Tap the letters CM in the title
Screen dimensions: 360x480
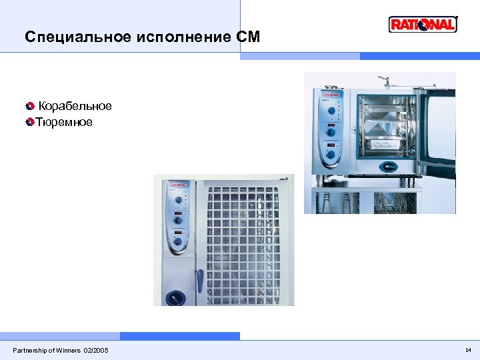[248, 37]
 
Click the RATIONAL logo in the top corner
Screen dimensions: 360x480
[423, 25]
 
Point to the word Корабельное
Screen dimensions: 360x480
[75, 107]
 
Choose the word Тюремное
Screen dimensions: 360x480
[64, 123]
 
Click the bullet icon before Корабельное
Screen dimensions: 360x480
[29, 107]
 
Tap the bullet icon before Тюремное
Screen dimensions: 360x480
[29, 123]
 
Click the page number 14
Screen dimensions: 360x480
[468, 350]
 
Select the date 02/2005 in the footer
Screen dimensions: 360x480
[96, 351]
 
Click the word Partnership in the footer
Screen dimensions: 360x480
[31, 351]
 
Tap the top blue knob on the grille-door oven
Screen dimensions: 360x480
[179, 199]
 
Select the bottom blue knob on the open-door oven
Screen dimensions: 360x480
[331, 155]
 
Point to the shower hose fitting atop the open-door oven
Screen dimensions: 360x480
[383, 81]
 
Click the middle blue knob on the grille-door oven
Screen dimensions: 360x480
[179, 219]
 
